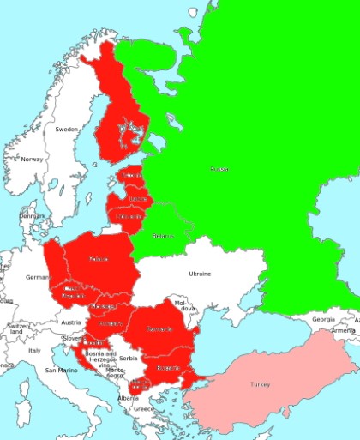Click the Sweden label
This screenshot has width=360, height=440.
(x=66, y=129)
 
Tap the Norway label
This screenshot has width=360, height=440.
(x=32, y=160)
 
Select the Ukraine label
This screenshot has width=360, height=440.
(x=199, y=274)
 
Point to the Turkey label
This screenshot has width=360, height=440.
(x=260, y=385)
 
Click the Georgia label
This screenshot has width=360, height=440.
(x=323, y=319)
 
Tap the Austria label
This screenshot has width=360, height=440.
(x=71, y=322)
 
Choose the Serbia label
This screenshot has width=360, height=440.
(x=129, y=358)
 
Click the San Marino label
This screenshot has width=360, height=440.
(x=62, y=371)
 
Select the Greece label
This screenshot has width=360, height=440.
(x=143, y=409)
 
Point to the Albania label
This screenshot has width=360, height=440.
(x=127, y=398)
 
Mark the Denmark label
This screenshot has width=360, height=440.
(x=33, y=216)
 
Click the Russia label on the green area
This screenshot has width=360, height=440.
(x=219, y=169)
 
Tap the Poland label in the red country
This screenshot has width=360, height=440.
(x=99, y=258)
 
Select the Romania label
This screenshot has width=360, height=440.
(x=159, y=328)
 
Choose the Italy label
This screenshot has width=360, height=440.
(x=35, y=350)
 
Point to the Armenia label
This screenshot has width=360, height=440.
(x=344, y=330)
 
